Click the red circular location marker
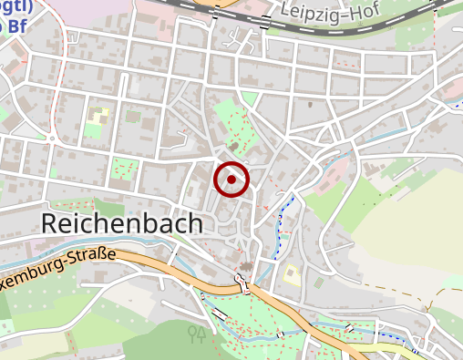click(231, 180)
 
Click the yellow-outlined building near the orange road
click(292, 273)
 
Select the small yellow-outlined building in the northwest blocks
click(97, 116)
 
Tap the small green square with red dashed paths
click(124, 169)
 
